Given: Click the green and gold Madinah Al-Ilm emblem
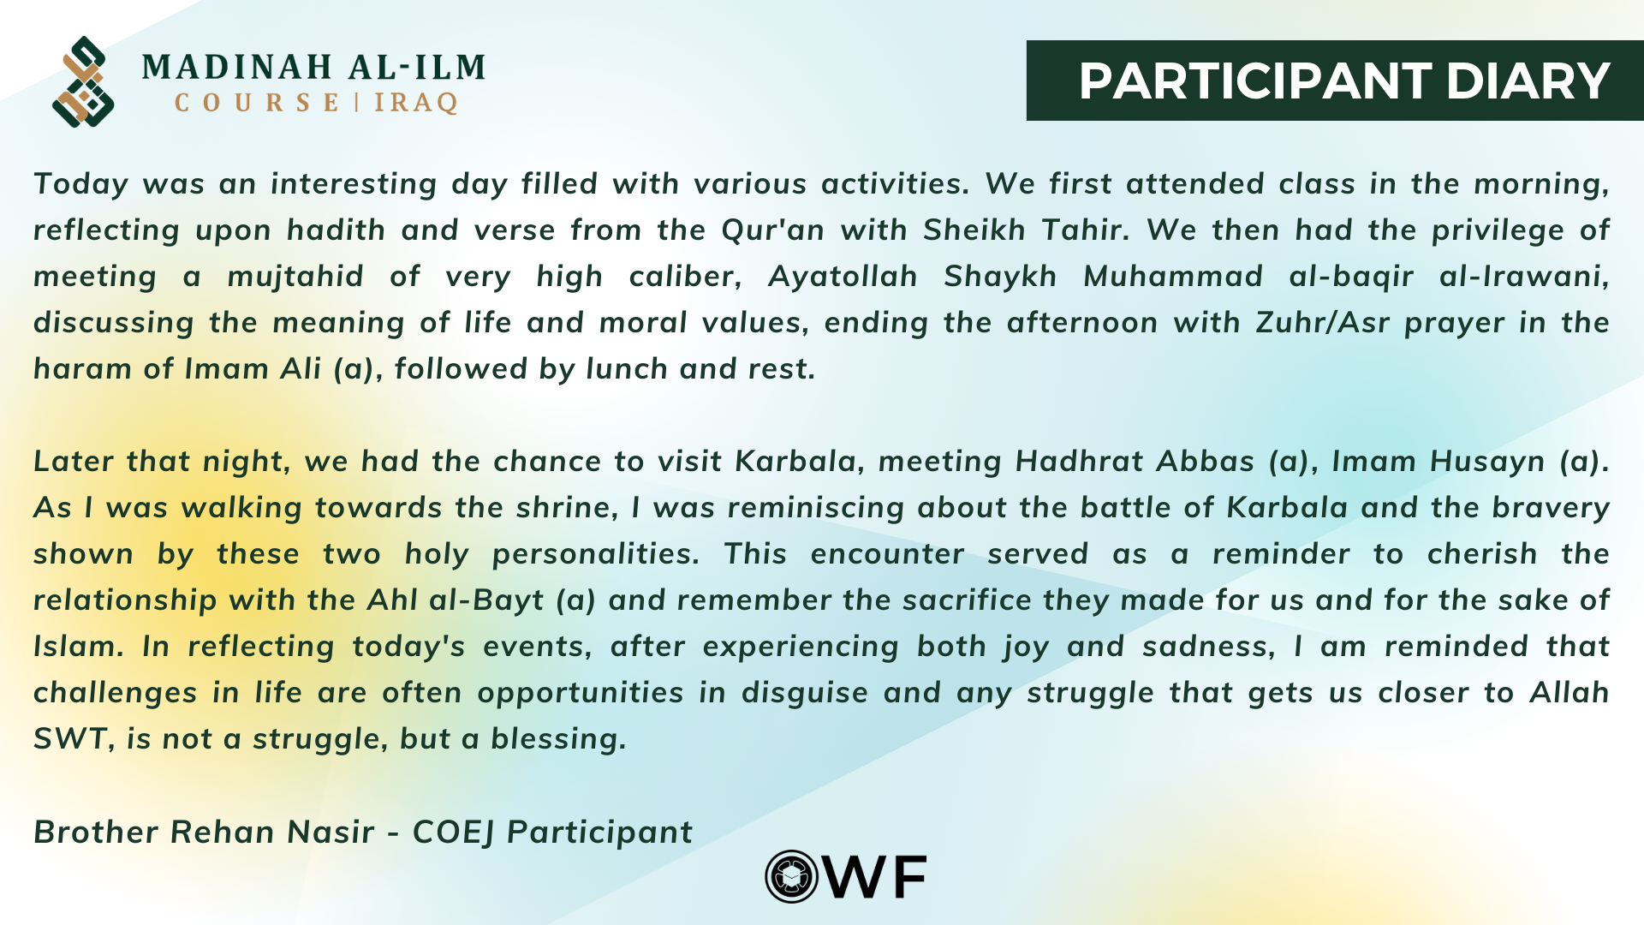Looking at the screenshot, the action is click(x=83, y=81).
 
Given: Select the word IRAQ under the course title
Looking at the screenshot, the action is click(x=416, y=104).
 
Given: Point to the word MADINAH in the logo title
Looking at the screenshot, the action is click(x=237, y=67).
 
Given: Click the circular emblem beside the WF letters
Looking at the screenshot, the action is click(x=792, y=876).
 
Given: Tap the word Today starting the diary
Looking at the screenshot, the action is click(x=81, y=184).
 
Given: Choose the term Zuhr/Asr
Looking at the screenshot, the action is click(x=1322, y=323).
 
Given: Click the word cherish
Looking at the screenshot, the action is click(x=1482, y=554).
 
